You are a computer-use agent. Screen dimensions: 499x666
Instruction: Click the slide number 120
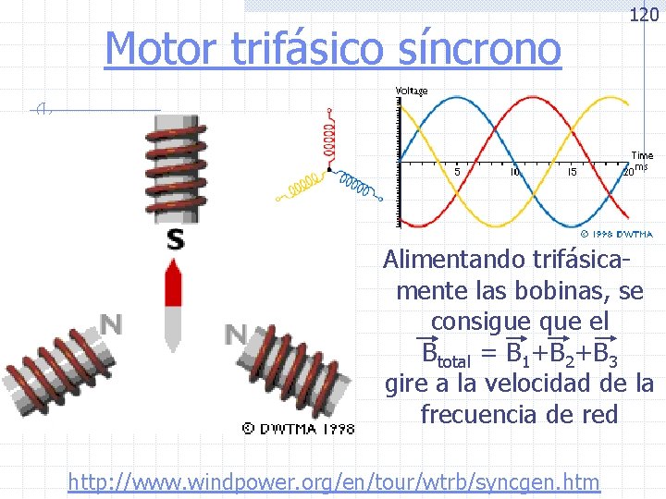click(x=644, y=15)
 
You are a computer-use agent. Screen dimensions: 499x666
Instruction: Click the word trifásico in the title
click(x=293, y=48)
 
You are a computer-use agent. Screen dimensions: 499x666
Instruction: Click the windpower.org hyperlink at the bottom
click(x=334, y=481)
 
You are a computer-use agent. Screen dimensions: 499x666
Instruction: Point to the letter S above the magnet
click(x=175, y=240)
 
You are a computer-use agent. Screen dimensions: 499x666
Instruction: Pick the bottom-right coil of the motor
click(x=296, y=370)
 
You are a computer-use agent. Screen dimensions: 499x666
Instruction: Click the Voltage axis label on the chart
click(x=412, y=91)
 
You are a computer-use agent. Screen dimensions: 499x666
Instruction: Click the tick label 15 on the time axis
click(x=572, y=172)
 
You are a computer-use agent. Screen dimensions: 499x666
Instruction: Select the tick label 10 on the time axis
click(x=515, y=172)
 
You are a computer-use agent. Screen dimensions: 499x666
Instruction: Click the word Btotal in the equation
click(x=442, y=354)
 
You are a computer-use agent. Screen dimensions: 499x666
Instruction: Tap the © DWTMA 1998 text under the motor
click(x=298, y=428)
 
